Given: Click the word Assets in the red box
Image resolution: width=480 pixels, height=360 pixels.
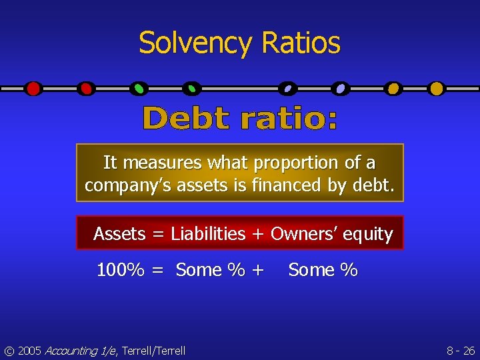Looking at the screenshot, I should tap(119, 234).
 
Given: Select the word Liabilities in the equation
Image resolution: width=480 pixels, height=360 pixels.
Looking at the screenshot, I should tap(208, 234).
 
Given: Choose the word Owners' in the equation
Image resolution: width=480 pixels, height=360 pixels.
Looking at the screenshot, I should tap(306, 234).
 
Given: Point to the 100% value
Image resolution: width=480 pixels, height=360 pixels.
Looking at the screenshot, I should tap(121, 270).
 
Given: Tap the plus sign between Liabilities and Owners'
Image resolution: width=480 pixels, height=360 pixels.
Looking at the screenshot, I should tap(257, 235).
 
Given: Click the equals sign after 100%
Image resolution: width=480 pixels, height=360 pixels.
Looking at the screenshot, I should tap(157, 271).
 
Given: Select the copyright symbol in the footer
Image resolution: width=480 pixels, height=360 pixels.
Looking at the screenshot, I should tap(9, 351).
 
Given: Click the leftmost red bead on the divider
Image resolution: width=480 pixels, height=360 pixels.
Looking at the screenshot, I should tap(33, 88).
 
